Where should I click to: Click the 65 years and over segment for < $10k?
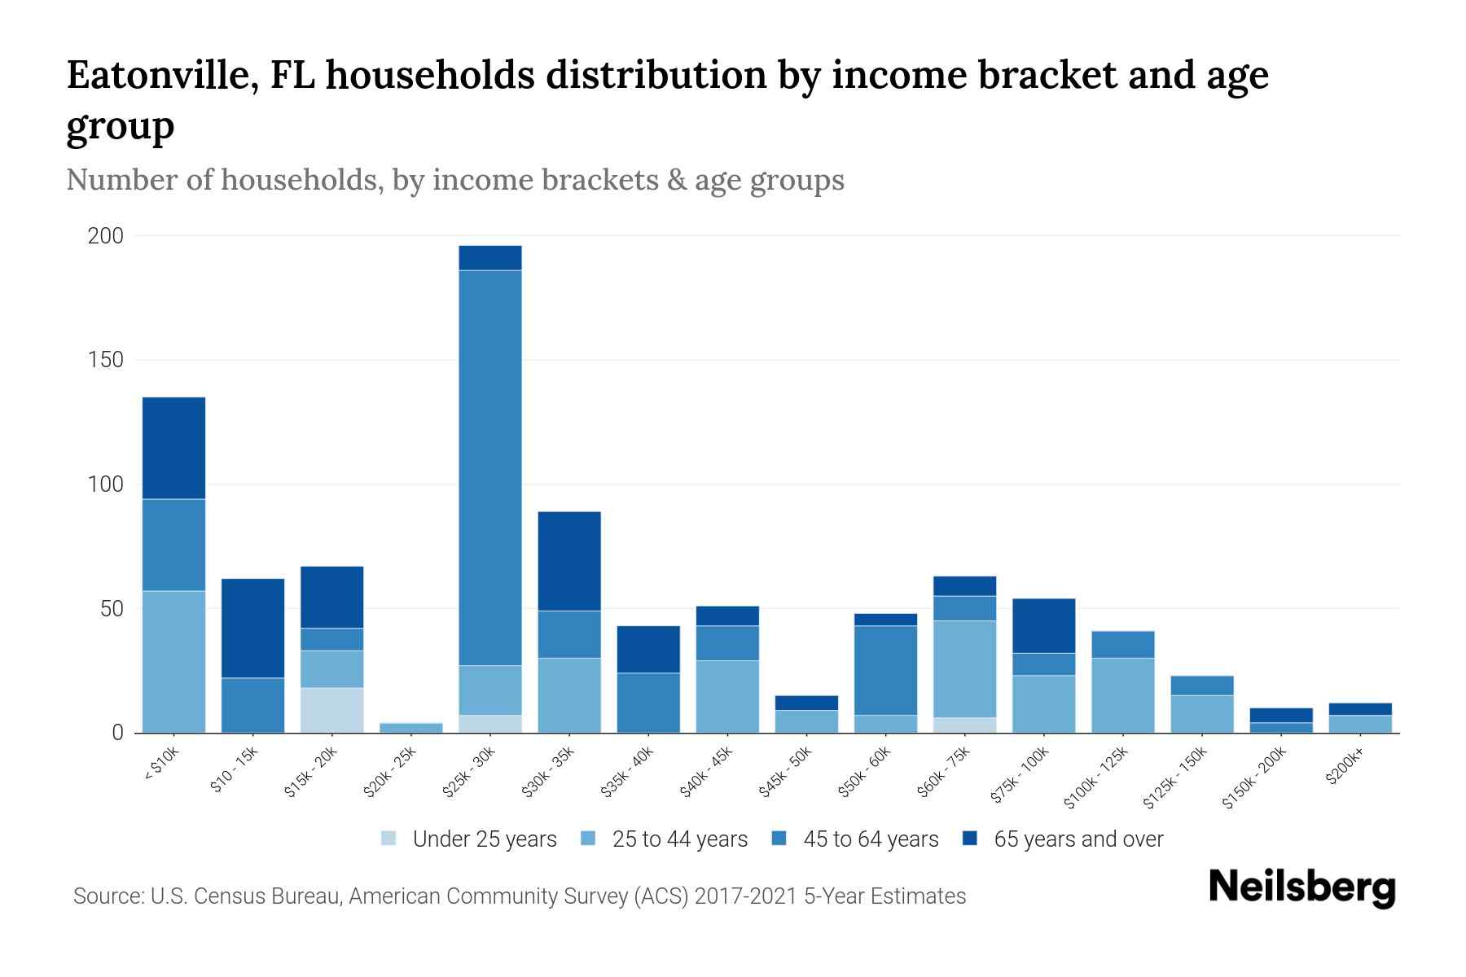(x=173, y=448)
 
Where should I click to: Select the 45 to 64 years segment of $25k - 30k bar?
(x=489, y=468)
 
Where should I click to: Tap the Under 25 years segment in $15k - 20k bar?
(x=331, y=710)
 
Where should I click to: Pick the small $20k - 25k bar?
(x=410, y=728)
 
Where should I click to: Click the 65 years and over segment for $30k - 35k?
(x=569, y=561)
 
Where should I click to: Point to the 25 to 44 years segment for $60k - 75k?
(x=964, y=669)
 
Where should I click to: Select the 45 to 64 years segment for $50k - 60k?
(x=885, y=670)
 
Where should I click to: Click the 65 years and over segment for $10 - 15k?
(x=252, y=628)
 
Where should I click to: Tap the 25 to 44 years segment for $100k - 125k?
(x=1122, y=695)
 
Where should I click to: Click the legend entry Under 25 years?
(x=484, y=839)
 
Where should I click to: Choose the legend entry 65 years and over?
(x=1078, y=839)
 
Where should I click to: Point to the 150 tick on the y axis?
(x=106, y=360)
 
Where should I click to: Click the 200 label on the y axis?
(x=106, y=236)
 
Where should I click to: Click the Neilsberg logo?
(x=1302, y=887)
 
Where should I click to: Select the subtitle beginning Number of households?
(x=455, y=180)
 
